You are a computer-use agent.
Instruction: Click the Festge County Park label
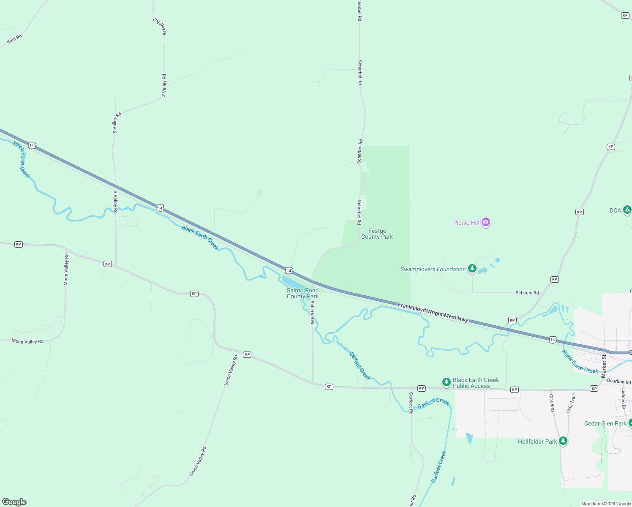[x=377, y=234]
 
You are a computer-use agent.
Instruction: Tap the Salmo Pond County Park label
[x=302, y=293]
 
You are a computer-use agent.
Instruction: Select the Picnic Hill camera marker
[x=486, y=222]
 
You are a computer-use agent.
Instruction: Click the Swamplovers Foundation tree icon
[x=472, y=269]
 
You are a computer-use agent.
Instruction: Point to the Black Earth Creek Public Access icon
[x=446, y=382]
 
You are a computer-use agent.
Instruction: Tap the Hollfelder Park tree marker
[x=563, y=441]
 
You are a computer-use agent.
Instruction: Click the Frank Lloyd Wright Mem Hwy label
[x=433, y=313]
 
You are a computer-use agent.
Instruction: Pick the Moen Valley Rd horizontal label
[x=27, y=341]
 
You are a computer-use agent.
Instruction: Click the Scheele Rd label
[x=527, y=293]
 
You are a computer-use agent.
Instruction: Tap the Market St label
[x=604, y=366]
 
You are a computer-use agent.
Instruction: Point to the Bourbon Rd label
[x=618, y=382]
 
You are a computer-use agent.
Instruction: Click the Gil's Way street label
[x=552, y=403]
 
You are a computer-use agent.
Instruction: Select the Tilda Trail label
[x=571, y=404]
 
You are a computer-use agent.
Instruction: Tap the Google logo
[x=14, y=502]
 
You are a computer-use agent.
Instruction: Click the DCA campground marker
[x=627, y=210]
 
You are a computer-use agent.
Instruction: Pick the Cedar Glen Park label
[x=605, y=423]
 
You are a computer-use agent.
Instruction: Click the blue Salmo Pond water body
[x=291, y=281]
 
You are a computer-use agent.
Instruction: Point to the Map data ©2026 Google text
[x=606, y=504]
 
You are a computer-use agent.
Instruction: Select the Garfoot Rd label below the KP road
[x=411, y=403]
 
